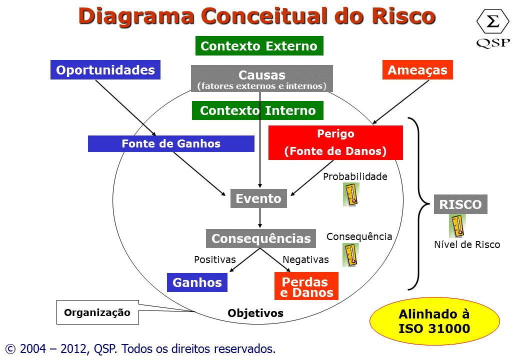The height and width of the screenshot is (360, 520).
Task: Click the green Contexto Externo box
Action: [259, 46]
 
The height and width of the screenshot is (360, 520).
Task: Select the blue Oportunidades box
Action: [105, 70]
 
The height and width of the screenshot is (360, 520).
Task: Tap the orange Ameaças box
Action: [417, 70]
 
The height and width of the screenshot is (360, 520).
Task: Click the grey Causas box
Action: [261, 78]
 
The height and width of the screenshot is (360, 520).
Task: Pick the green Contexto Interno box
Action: [257, 110]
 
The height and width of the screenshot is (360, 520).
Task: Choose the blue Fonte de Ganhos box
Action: [171, 144]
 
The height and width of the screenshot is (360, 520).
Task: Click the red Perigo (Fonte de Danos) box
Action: [335, 143]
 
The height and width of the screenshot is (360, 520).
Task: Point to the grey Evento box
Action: [258, 198]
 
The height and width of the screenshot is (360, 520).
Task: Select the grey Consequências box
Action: [261, 238]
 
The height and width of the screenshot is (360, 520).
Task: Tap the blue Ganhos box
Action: [197, 282]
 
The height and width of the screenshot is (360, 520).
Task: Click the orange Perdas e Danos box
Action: [306, 286]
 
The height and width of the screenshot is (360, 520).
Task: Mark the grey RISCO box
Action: [460, 204]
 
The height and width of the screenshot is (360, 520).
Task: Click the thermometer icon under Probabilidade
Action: [351, 194]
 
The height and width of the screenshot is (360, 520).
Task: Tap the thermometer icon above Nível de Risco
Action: [457, 226]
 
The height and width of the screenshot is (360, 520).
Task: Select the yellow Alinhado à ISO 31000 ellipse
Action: [434, 321]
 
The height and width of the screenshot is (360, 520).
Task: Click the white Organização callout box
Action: [97, 313]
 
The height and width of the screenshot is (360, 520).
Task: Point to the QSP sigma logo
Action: [492, 28]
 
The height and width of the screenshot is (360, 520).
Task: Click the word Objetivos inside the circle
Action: [255, 313]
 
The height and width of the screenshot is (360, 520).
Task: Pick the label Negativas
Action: [305, 259]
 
